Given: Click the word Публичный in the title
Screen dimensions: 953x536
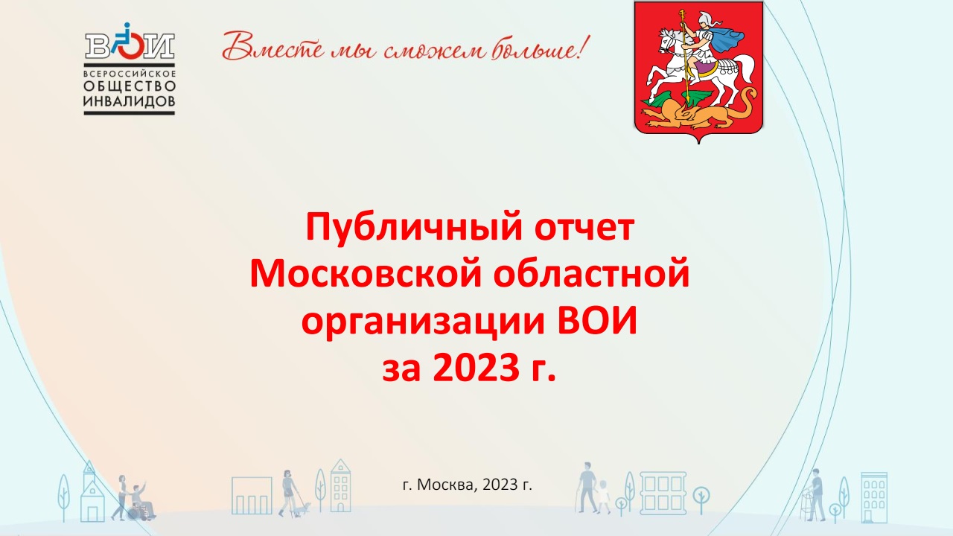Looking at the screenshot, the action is coord(413,228).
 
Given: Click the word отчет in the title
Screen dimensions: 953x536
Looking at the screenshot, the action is coord(584,229).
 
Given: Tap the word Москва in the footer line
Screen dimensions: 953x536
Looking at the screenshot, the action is coord(447,485).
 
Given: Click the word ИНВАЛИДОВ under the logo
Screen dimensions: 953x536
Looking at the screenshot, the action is coord(130,100).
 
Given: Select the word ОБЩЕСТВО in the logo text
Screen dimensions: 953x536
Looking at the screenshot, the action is coord(130,86).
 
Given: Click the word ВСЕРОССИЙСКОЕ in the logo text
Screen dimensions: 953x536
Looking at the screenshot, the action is coord(130,73).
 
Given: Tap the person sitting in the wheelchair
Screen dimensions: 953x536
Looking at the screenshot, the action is coord(141,501).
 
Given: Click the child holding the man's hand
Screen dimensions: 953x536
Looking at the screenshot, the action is coord(603,497).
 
